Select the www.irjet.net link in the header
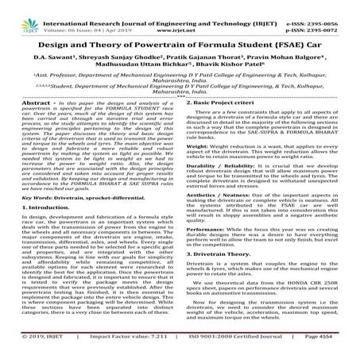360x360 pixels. pyautogui.click(x=180, y=14)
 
